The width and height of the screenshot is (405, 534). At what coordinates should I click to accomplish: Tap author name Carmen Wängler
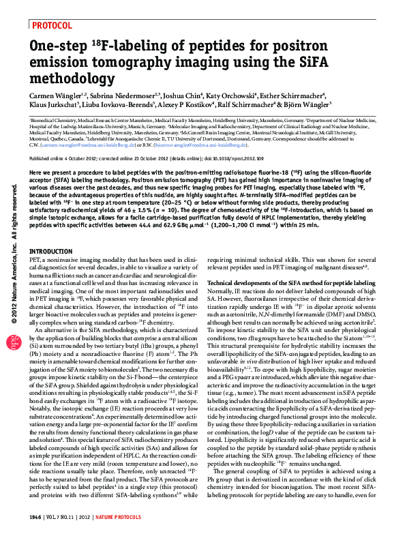56,96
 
